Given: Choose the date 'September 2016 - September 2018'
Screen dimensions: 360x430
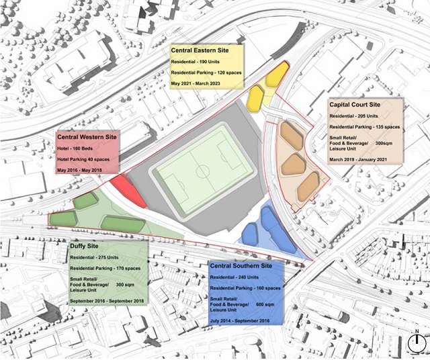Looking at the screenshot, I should point(106,301).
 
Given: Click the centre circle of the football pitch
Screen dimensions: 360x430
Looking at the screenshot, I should point(203,171).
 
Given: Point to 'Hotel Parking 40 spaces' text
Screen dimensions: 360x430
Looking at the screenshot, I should point(84,159).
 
